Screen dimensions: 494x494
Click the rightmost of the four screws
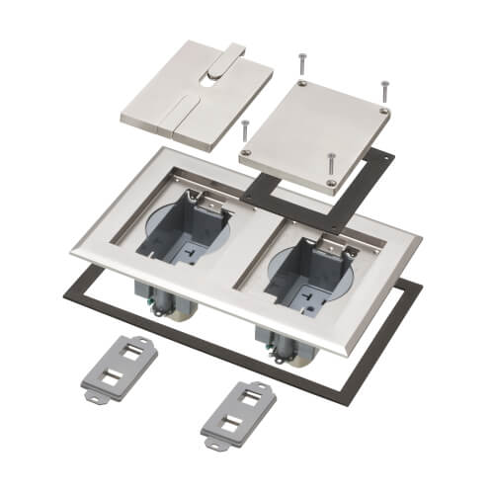pos(383,93)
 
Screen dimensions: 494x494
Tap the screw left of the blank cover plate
pos(243,132)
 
